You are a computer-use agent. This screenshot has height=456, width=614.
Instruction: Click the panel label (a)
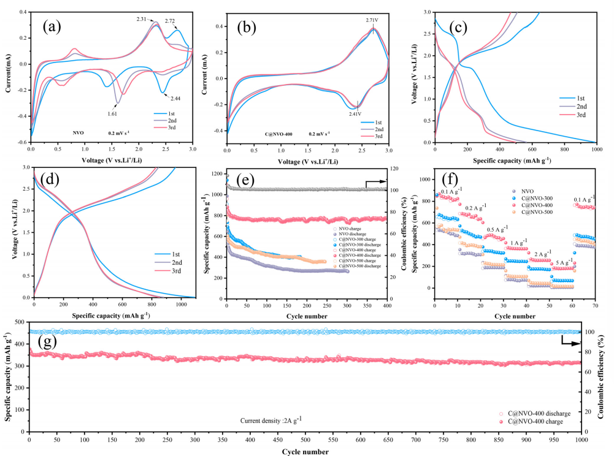[x=55, y=27]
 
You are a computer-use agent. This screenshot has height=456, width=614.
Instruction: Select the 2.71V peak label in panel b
[x=371, y=20]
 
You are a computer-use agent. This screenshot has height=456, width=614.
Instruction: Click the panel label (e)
[x=253, y=182]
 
